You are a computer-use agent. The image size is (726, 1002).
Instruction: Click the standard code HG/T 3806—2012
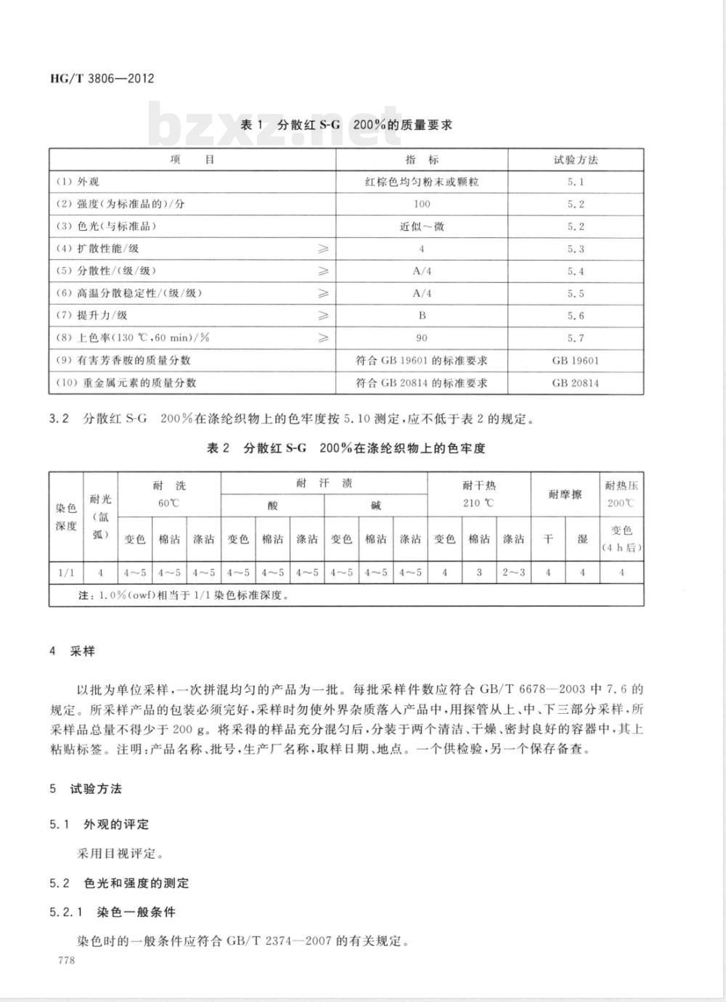(x=102, y=78)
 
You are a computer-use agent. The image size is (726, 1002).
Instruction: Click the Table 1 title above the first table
(x=346, y=125)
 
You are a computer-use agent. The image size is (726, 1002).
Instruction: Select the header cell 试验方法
(x=576, y=160)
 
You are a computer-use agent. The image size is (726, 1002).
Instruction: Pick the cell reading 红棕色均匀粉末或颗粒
(x=422, y=182)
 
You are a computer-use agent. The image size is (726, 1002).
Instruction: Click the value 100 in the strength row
(x=422, y=205)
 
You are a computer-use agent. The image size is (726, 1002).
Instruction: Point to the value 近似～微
(x=422, y=226)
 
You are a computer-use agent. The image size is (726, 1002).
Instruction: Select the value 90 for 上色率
(x=422, y=338)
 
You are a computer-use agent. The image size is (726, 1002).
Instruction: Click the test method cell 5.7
(x=576, y=338)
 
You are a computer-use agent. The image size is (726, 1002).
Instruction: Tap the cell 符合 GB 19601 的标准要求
(x=422, y=361)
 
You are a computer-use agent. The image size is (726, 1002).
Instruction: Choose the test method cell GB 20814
(x=576, y=383)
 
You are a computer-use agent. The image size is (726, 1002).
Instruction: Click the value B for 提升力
(x=422, y=316)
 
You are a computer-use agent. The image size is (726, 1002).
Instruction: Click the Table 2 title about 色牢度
(x=346, y=448)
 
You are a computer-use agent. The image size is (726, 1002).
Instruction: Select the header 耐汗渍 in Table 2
(x=324, y=483)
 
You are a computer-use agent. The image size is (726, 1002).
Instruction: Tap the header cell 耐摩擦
(x=565, y=495)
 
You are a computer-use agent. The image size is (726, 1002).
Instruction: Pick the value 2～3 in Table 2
(x=513, y=572)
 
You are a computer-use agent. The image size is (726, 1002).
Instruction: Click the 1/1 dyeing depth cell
(x=66, y=572)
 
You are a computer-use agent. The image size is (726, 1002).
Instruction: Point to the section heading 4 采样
(x=73, y=651)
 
